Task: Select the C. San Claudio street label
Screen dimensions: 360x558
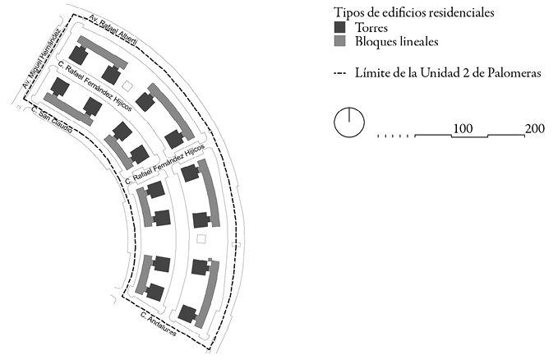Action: coord(51,122)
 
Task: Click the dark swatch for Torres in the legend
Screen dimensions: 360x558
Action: coord(340,27)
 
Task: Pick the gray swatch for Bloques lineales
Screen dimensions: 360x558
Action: coord(340,41)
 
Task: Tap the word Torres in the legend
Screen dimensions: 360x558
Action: coord(371,27)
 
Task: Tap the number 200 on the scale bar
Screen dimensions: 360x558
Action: coord(535,127)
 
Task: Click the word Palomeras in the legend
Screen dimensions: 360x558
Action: coord(510,73)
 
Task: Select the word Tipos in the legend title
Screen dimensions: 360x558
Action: coord(348,12)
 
